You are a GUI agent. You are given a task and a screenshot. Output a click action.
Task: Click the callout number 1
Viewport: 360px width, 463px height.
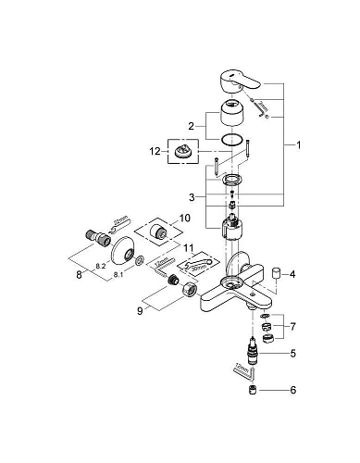click(298, 145)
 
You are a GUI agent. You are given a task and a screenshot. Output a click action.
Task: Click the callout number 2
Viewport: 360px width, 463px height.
click(190, 125)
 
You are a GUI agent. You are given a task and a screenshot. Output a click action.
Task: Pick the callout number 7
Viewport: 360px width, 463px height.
click(294, 328)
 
